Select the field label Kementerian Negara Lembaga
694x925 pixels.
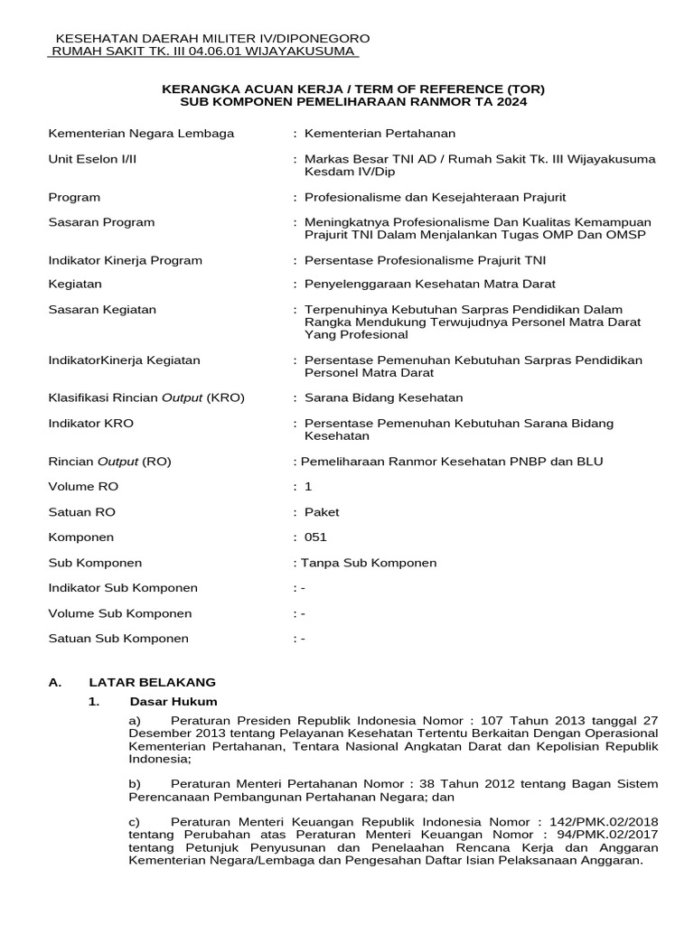[x=141, y=134]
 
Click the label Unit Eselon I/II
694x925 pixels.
[x=92, y=159]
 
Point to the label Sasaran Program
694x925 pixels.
[x=101, y=222]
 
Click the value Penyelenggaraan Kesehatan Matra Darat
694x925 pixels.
[x=425, y=284]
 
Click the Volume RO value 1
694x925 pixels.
[x=308, y=487]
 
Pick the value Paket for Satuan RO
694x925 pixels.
[x=322, y=512]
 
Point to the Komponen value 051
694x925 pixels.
[x=315, y=537]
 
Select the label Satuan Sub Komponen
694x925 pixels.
[x=118, y=639]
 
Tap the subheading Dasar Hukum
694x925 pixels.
[x=173, y=702]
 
